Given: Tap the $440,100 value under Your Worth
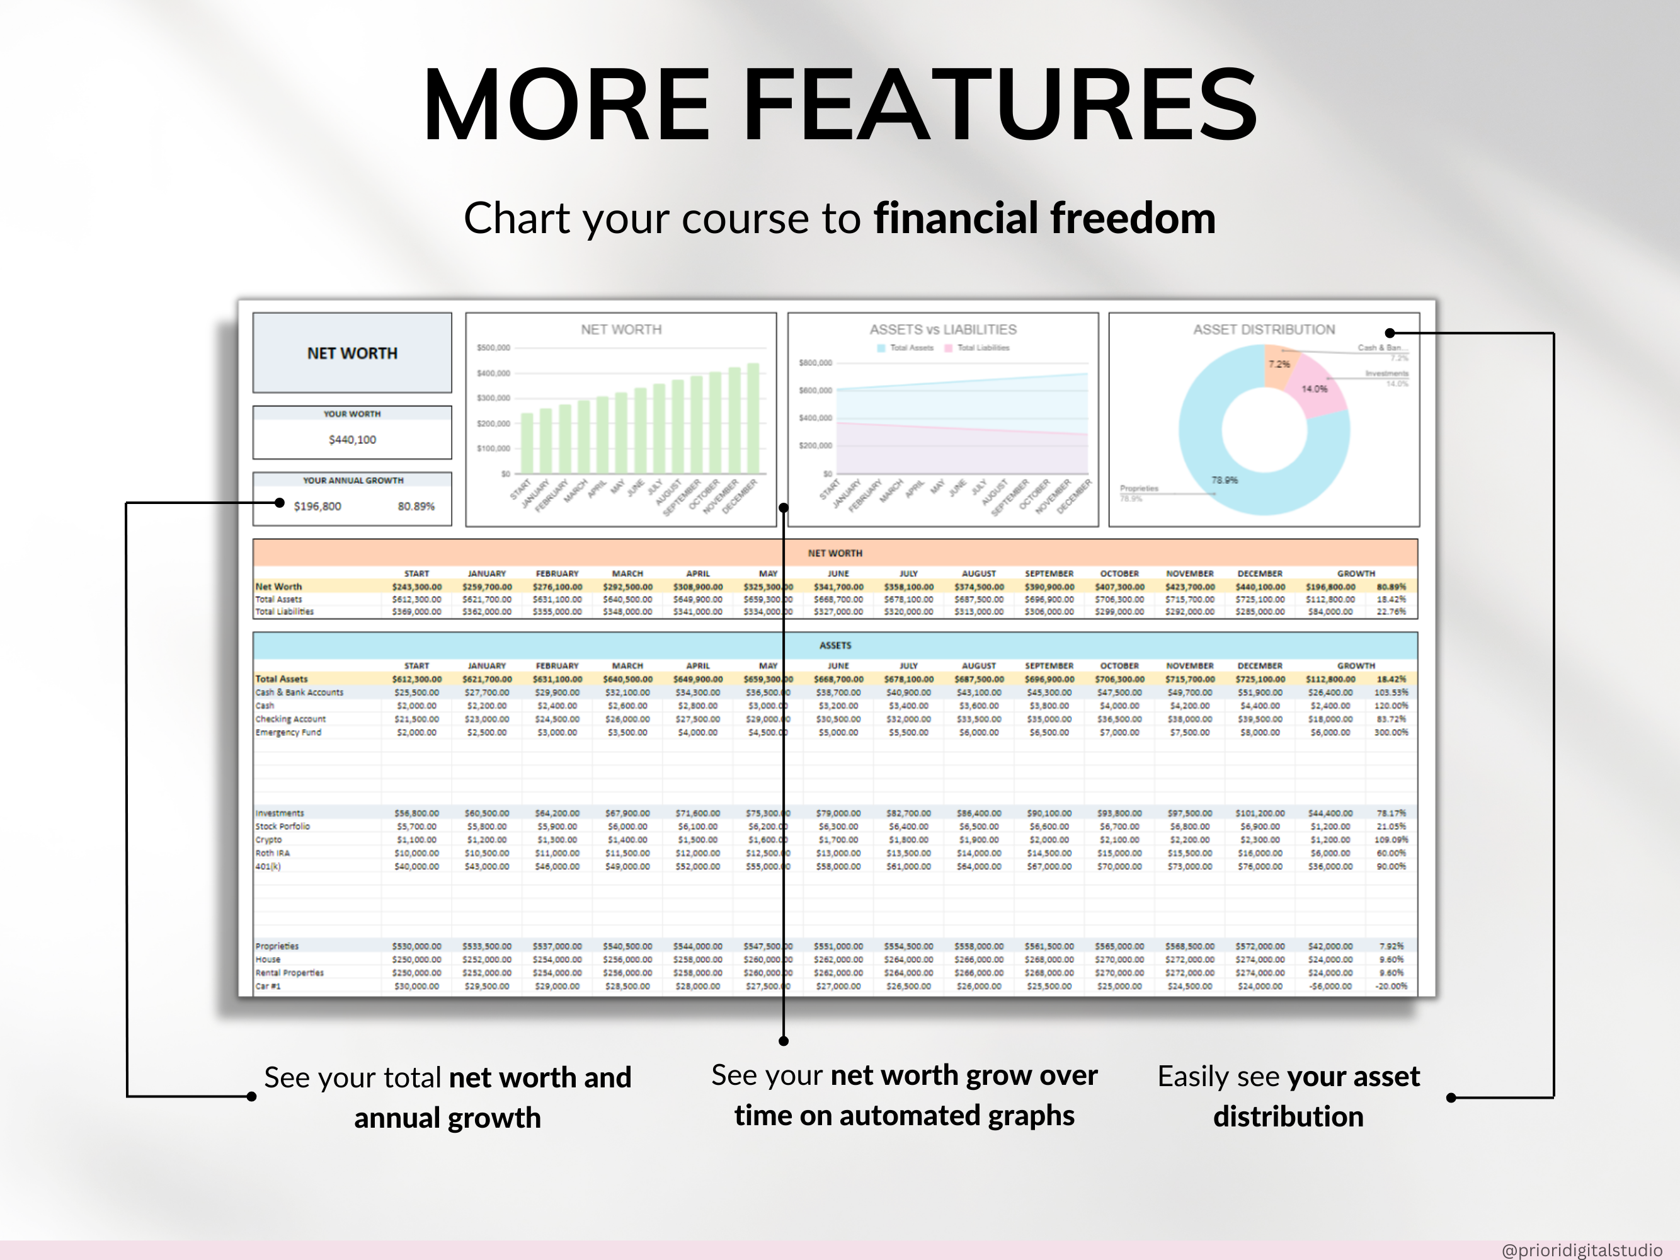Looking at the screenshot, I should point(351,440).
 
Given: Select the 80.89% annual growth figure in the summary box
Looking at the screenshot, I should point(416,507).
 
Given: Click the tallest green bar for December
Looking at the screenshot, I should point(753,418).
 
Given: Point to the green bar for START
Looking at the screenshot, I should point(527,444).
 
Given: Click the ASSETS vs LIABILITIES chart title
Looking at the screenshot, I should point(942,329).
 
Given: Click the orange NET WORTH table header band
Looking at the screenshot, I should point(835,553).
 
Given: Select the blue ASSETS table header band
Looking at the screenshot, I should point(835,645).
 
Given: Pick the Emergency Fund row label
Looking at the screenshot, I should point(288,732).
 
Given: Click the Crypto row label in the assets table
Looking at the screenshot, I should point(268,839).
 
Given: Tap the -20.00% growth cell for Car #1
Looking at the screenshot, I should point(1391,986).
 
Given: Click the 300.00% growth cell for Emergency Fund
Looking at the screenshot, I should point(1391,732).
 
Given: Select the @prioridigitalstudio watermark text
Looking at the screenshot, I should point(1581,1249).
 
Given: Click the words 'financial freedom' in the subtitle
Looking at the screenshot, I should point(1044,219).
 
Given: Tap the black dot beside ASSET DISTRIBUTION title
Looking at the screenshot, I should point(1389,333).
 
